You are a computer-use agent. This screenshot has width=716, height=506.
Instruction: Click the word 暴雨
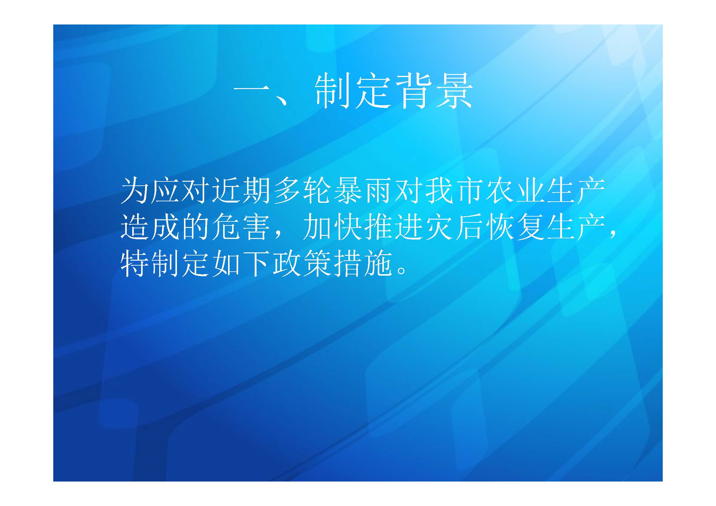coord(362,191)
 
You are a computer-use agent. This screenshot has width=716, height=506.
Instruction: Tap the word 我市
coord(454,191)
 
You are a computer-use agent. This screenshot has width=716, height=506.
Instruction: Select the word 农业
coord(515,191)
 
